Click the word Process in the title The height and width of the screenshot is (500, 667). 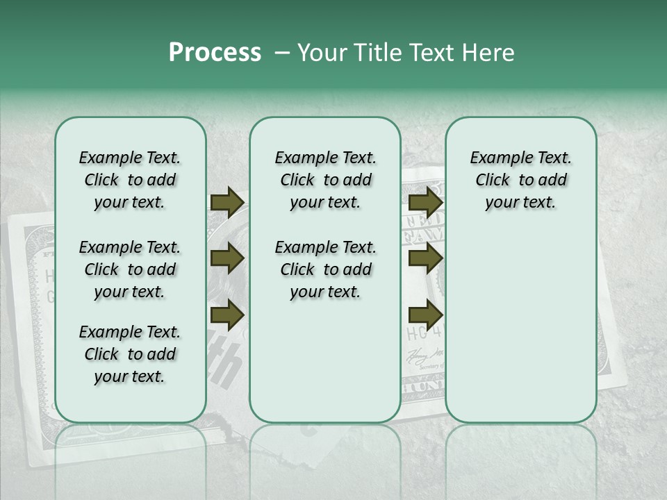pyautogui.click(x=215, y=53)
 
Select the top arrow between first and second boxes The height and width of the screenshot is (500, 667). pyautogui.click(x=227, y=203)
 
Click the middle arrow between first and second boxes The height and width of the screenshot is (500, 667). pyautogui.click(x=227, y=259)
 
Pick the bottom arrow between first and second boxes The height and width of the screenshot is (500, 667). pyautogui.click(x=227, y=315)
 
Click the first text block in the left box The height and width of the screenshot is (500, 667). pyautogui.click(x=130, y=180)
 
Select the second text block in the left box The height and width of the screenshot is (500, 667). pyautogui.click(x=130, y=269)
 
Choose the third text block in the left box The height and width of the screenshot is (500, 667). pyautogui.click(x=130, y=354)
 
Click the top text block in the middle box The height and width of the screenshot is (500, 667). pyautogui.click(x=325, y=180)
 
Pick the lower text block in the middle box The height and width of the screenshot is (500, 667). pyautogui.click(x=325, y=269)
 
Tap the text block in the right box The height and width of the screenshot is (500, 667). pyautogui.click(x=520, y=180)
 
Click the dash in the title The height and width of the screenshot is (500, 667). pyautogui.click(x=282, y=53)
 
